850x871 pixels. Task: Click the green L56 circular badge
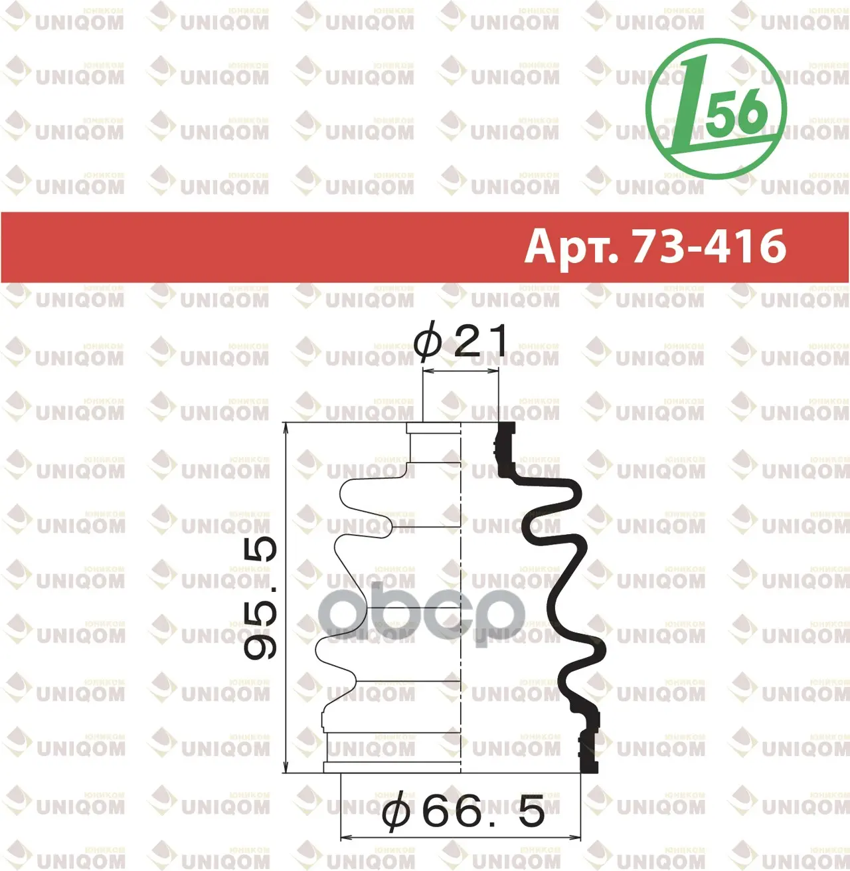(717, 109)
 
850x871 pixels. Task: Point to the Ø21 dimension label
(460, 340)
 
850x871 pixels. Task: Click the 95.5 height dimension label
(260, 599)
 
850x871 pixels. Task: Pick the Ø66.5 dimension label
(464, 809)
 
